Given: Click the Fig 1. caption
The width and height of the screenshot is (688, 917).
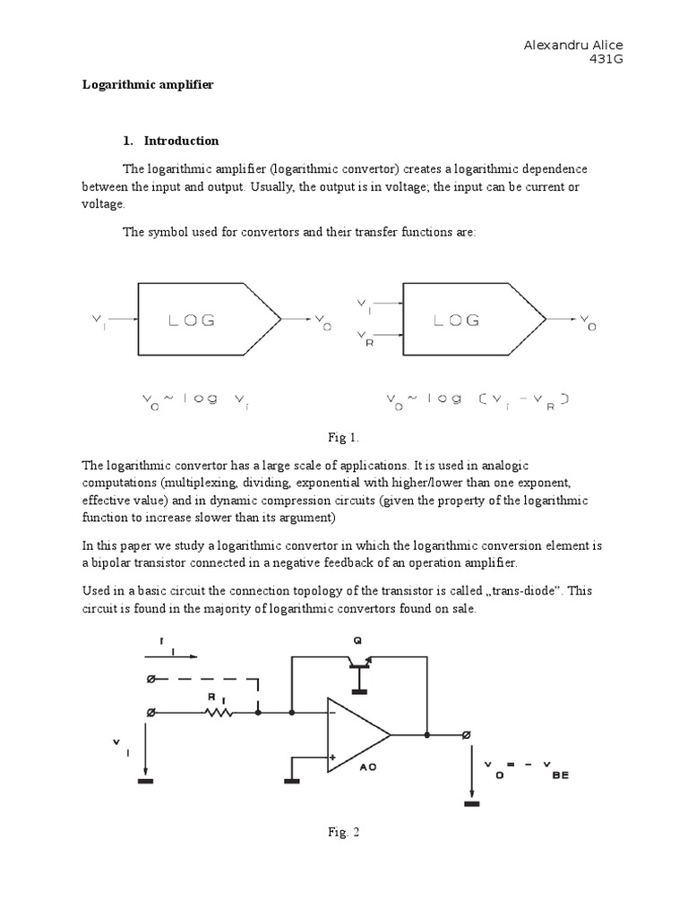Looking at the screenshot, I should pyautogui.click(x=343, y=437).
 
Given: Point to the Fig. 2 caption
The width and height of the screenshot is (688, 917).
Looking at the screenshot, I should pyautogui.click(x=343, y=832).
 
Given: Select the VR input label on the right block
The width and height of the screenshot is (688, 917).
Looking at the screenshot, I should pyautogui.click(x=365, y=339).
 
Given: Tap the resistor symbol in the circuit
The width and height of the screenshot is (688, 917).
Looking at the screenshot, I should pyautogui.click(x=219, y=713).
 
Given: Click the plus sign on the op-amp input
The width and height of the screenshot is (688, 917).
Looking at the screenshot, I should pyautogui.click(x=333, y=757).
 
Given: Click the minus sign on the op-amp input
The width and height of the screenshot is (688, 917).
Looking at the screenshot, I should pyautogui.click(x=333, y=714).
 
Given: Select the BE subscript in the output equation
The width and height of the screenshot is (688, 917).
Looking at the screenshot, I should pyautogui.click(x=560, y=776).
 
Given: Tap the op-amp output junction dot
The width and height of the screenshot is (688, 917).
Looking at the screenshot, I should pyautogui.click(x=427, y=735).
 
